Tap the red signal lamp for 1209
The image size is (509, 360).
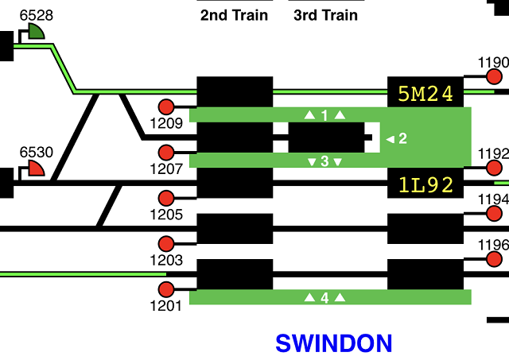(x=167, y=107)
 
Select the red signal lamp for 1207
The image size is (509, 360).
(x=167, y=153)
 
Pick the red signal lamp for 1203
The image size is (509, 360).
(x=167, y=244)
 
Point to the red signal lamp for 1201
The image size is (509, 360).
(x=167, y=289)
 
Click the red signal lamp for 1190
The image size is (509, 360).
(x=494, y=77)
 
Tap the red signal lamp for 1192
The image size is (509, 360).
(x=494, y=168)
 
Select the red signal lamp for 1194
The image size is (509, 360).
(x=494, y=214)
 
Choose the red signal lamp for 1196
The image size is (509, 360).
(x=494, y=259)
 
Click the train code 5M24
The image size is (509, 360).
(x=425, y=95)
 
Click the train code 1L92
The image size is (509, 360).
(x=425, y=186)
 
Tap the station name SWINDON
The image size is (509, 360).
(x=334, y=343)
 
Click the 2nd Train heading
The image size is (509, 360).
(x=234, y=15)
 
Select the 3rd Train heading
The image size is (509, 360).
(x=326, y=15)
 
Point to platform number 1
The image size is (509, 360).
(x=324, y=115)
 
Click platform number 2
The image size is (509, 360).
(x=402, y=139)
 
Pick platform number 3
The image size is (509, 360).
(x=324, y=161)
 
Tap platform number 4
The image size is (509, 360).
(x=324, y=298)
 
